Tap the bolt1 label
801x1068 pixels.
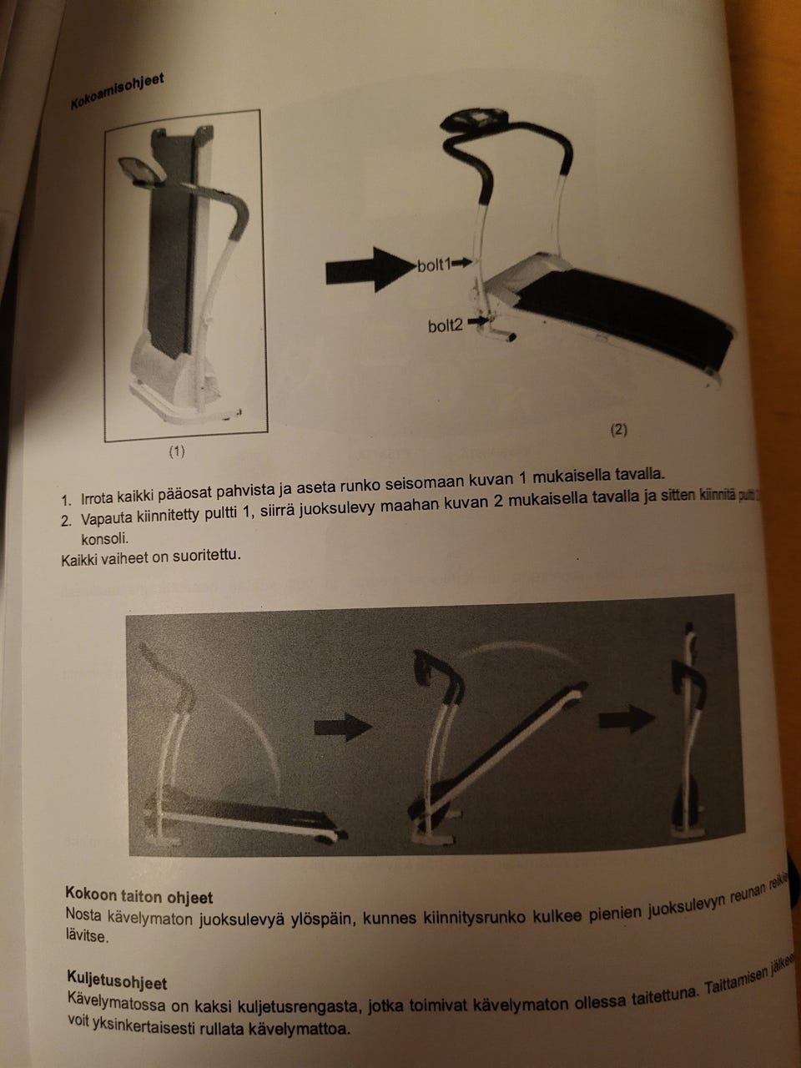pyautogui.click(x=432, y=265)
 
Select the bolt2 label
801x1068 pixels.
pyautogui.click(x=445, y=325)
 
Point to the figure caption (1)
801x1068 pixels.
pyautogui.click(x=177, y=451)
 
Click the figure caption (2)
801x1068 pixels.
pyautogui.click(x=617, y=430)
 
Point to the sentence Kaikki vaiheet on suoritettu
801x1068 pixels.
pyautogui.click(x=151, y=557)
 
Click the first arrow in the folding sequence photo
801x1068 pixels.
pyautogui.click(x=343, y=727)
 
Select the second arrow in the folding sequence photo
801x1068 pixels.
pyautogui.click(x=627, y=718)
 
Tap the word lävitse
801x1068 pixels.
pyautogui.click(x=86, y=936)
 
